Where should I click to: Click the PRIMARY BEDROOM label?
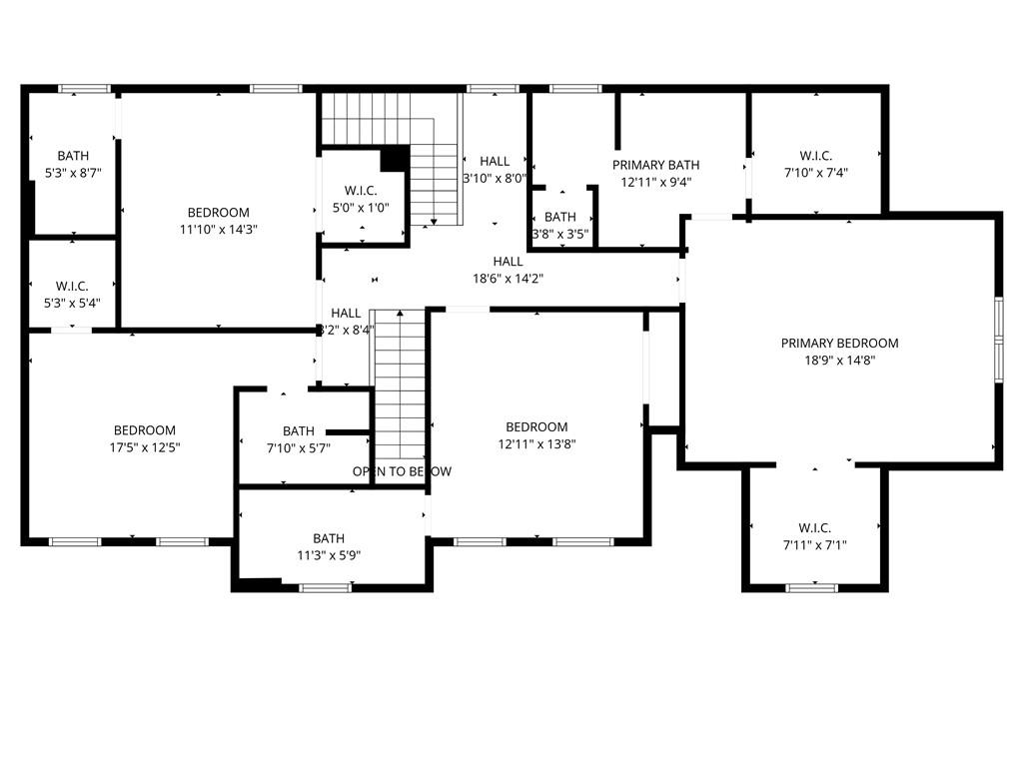point(839,343)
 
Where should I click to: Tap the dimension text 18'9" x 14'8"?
point(839,361)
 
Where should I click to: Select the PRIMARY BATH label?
point(655,165)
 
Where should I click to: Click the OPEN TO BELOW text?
point(402,471)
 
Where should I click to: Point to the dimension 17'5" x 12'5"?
point(145,447)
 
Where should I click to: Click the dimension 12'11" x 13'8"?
point(536,444)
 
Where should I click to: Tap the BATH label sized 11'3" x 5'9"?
point(329,537)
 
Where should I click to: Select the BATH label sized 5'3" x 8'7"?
point(73,156)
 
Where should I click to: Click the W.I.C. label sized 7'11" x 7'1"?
point(814,527)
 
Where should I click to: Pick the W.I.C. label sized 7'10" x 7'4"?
point(815,156)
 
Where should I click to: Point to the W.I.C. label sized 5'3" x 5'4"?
point(73,286)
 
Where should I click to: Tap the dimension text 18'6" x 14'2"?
point(508,279)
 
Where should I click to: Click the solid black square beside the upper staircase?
point(395,159)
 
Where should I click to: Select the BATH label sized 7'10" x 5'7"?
point(298,431)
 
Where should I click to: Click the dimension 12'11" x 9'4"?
point(655,183)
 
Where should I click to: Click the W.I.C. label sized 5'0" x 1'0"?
point(360,190)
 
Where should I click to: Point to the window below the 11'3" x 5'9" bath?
point(326,587)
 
